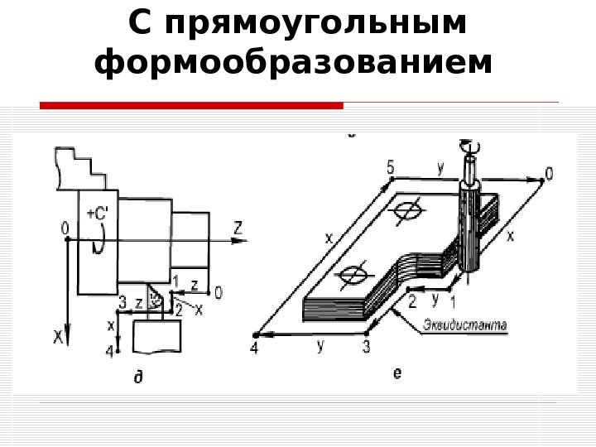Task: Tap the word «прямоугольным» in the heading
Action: click(x=315, y=24)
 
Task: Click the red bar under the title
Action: click(x=191, y=106)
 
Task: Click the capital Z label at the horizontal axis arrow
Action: click(x=238, y=227)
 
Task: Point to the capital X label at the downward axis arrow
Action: click(x=58, y=337)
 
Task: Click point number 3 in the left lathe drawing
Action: click(x=122, y=301)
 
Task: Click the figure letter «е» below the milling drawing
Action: click(x=397, y=374)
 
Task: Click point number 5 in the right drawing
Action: click(x=389, y=167)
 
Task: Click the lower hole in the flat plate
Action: click(x=354, y=272)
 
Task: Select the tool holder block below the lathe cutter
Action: click(x=156, y=337)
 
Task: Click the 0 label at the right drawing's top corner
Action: click(x=547, y=173)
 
